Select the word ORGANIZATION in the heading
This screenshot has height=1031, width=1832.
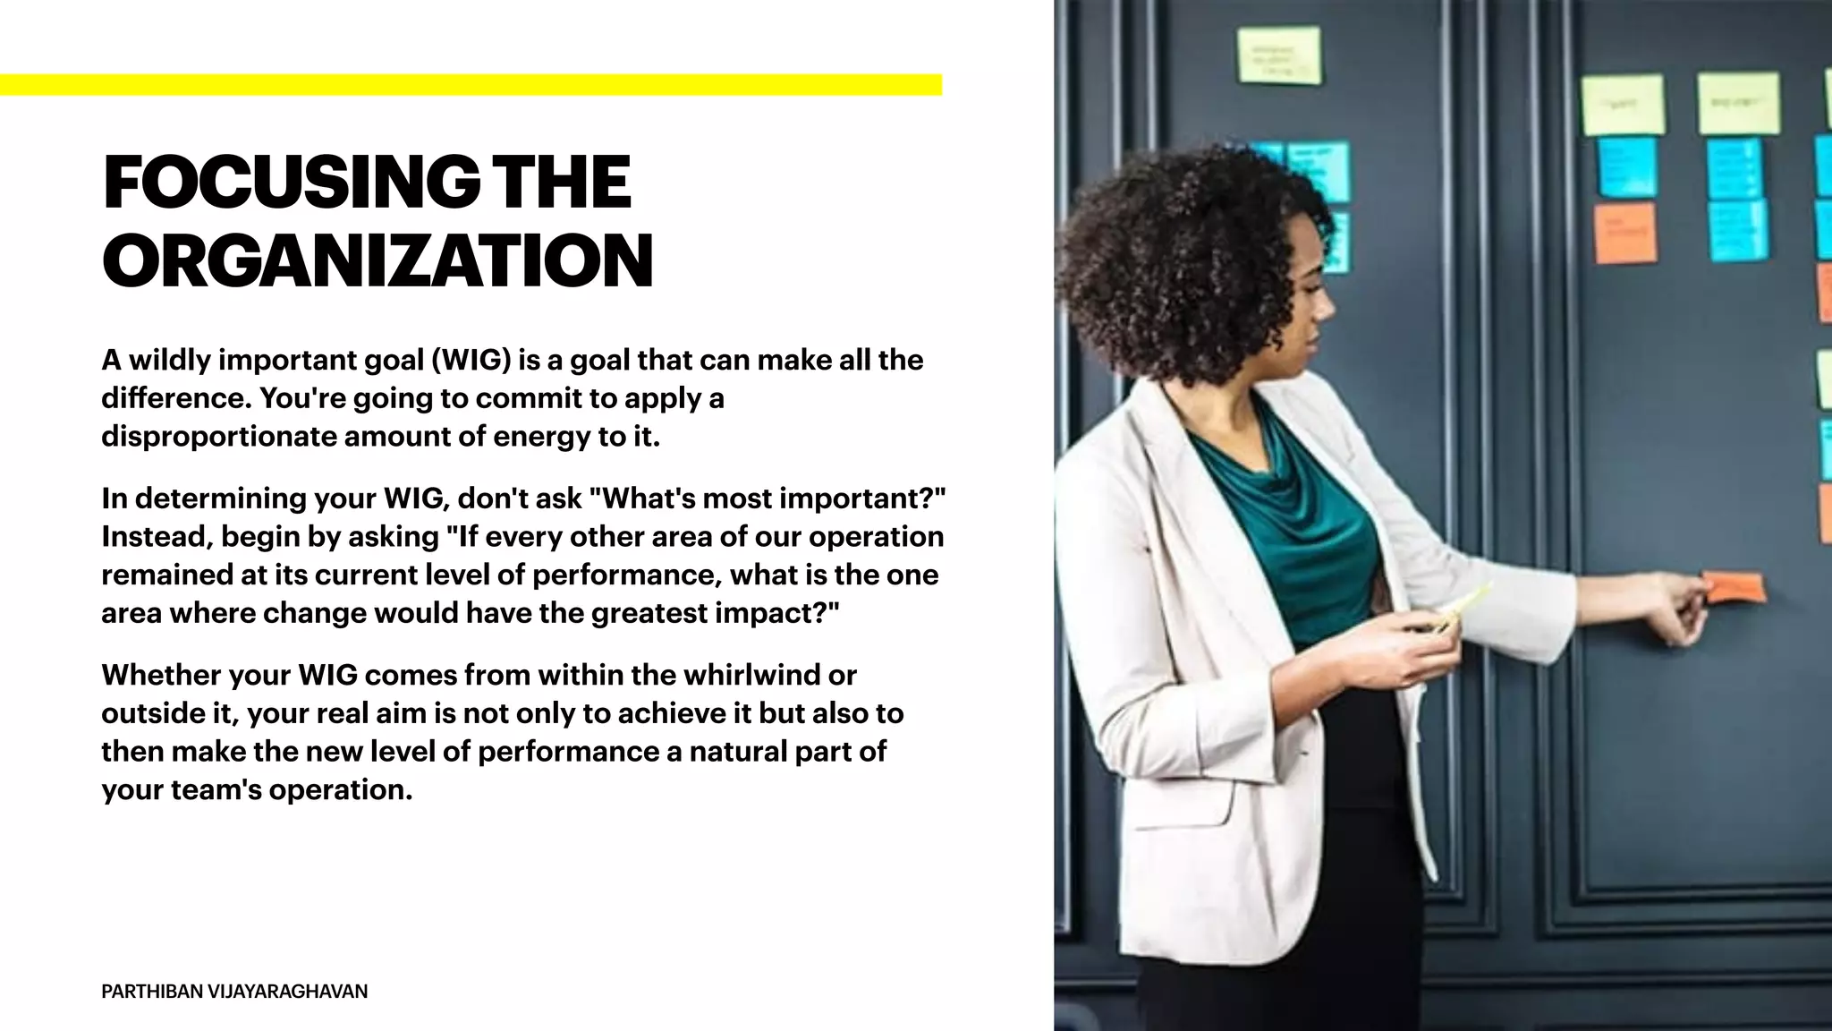click(x=377, y=260)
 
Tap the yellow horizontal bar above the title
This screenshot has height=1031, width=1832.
click(x=471, y=85)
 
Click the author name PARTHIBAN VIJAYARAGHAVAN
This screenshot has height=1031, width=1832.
click(x=234, y=991)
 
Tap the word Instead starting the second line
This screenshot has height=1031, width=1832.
click(x=157, y=537)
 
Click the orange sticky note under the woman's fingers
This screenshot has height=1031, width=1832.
click(x=1734, y=588)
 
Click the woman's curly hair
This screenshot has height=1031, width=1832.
click(x=1190, y=242)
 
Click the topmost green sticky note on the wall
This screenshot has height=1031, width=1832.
click(x=1278, y=55)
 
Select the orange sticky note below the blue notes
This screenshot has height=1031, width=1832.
click(x=1624, y=234)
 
